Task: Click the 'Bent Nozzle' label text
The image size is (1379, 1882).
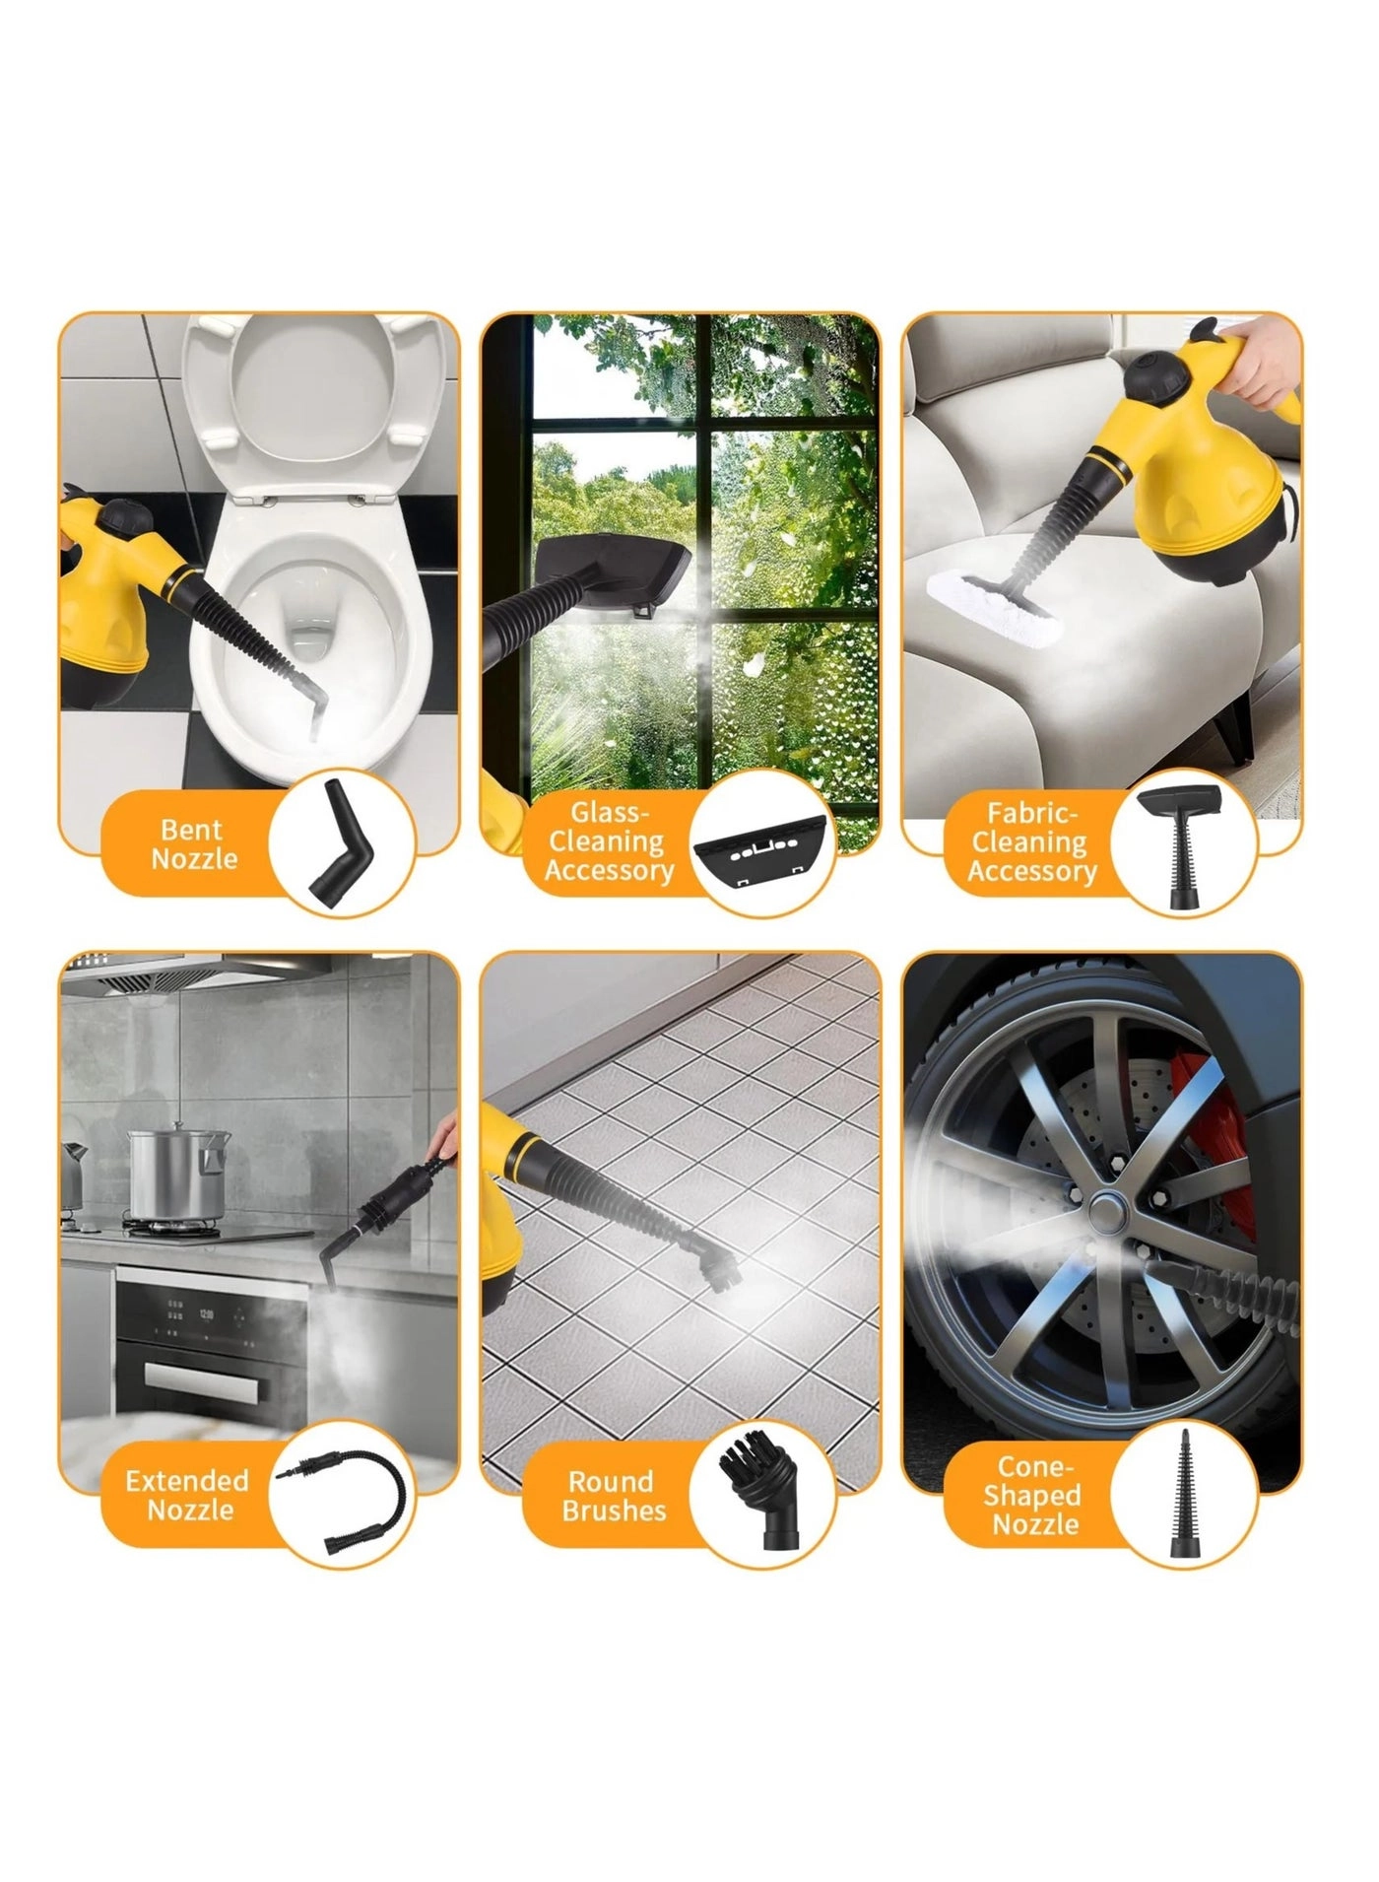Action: pos(194,844)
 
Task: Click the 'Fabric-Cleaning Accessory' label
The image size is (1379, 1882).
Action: pos(1031,842)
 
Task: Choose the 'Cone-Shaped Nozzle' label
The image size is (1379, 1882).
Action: pos(1035,1496)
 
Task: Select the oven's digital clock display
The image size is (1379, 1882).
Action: pos(207,1315)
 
